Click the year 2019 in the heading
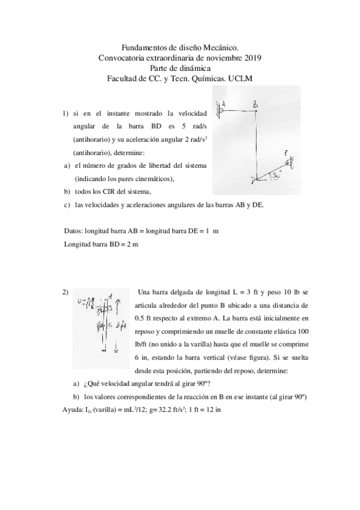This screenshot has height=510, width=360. click(251, 58)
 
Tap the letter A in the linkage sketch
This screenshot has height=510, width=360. click(223, 103)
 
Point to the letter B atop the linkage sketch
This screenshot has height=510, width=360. click(255, 103)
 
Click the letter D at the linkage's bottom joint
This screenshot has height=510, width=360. click(252, 179)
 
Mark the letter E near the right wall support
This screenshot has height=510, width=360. click(286, 153)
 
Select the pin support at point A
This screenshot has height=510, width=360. click(219, 111)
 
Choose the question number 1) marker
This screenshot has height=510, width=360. click(66, 113)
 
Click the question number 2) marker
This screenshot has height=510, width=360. click(66, 292)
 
